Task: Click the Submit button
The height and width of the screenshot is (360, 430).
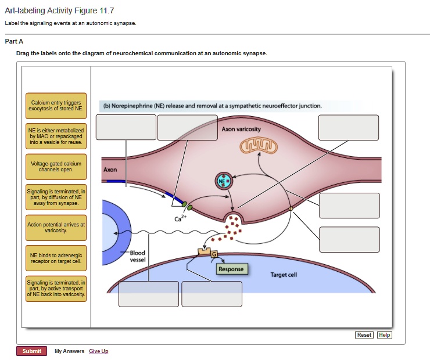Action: (31, 351)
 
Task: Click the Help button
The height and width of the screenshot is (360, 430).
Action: (385, 335)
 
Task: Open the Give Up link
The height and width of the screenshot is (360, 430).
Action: (98, 351)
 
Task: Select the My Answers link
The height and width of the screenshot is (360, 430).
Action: (69, 351)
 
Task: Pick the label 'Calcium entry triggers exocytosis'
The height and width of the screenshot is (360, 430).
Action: (56, 106)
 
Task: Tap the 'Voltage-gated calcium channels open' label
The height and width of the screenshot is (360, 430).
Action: (56, 167)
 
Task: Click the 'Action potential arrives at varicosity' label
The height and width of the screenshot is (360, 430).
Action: (56, 228)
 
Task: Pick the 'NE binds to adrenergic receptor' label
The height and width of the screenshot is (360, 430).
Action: (56, 258)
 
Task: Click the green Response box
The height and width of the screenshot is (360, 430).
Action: (231, 269)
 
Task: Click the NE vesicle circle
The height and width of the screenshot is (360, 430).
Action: (224, 181)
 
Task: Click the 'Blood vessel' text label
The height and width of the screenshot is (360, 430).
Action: (138, 256)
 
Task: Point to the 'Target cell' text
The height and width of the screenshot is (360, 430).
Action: (284, 275)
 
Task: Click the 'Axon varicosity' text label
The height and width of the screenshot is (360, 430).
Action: (241, 128)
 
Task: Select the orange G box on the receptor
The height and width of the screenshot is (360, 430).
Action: (214, 254)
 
